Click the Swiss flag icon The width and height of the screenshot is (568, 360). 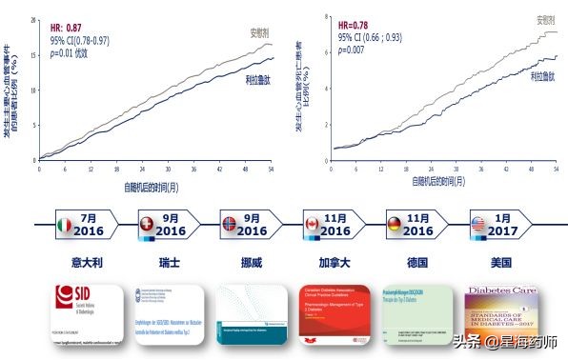(x=146, y=224)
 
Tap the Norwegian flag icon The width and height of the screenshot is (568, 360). (x=228, y=224)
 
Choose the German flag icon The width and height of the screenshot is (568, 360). (x=393, y=224)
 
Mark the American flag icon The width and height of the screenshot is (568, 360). (x=477, y=224)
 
